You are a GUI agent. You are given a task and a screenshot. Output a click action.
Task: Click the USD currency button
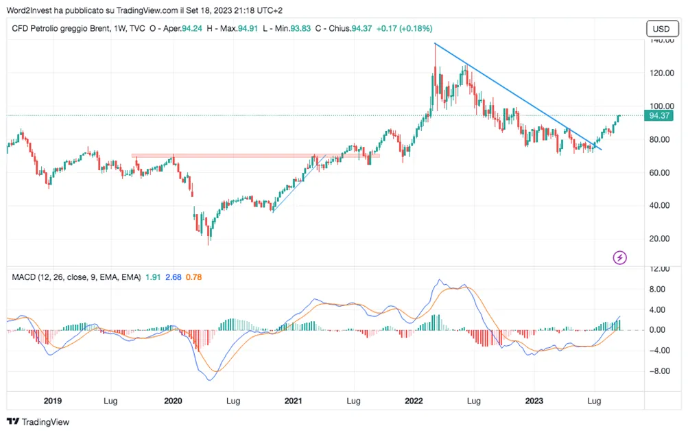pos(662,29)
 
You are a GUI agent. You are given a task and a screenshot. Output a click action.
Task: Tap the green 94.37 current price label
pos(659,116)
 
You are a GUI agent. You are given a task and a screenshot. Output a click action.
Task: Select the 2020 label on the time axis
pos(173,401)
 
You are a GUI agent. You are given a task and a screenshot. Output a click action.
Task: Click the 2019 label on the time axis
pos(53,401)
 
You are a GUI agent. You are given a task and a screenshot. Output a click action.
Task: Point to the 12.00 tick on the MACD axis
pos(659,269)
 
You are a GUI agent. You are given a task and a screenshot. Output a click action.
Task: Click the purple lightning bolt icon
pos(619,257)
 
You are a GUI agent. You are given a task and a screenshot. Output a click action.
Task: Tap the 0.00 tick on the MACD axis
pos(660,330)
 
